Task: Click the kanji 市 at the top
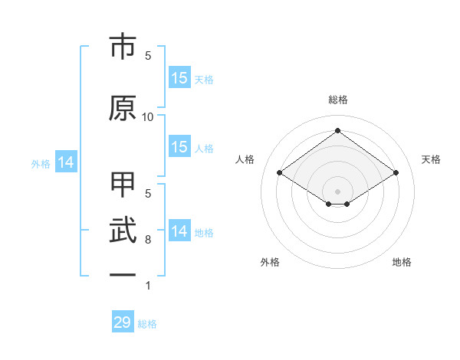pos(123,47)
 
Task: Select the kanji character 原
pos(123,108)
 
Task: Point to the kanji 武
pos(123,231)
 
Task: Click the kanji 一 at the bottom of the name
pos(123,274)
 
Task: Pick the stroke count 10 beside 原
pos(148,116)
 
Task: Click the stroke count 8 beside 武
pos(148,240)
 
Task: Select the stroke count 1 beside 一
pos(148,286)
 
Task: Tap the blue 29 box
pos(123,322)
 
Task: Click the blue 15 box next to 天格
pos(179,77)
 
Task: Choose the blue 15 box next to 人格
pos(179,147)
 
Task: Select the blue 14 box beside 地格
pos(179,231)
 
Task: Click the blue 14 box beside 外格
pos(65,162)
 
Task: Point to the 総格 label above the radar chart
pos(338,100)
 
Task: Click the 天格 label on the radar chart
pos(431,159)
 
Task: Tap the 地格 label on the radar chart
pos(402,262)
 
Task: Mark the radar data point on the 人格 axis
pos(280,173)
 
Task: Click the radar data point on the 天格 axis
pos(396,173)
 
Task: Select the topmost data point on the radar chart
pos(338,130)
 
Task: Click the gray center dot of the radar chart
pos(338,190)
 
